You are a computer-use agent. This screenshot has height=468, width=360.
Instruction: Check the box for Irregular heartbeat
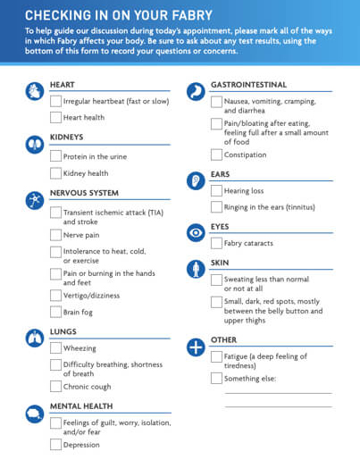pos(55,101)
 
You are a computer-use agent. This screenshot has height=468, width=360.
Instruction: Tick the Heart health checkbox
pos(55,117)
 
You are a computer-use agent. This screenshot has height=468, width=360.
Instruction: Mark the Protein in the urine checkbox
pos(55,157)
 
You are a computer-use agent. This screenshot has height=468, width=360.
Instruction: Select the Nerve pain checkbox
pos(55,235)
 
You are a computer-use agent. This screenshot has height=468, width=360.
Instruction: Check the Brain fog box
pos(55,312)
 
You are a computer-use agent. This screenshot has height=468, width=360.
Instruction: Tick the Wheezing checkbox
pos(55,348)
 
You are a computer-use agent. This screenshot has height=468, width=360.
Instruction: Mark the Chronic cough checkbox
pos(55,387)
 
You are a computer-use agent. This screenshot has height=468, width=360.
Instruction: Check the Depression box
pos(55,444)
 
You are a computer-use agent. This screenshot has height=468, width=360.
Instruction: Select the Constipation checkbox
pos(216,155)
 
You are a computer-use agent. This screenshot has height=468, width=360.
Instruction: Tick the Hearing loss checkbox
pos(216,190)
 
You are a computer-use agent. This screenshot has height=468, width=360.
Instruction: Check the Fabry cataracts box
pos(216,243)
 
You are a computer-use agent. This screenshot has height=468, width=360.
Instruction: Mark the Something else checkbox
pos(216,378)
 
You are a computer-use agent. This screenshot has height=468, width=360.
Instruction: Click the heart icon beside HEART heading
pos(34,91)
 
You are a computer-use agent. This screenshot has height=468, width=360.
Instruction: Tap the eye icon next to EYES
pos(195,232)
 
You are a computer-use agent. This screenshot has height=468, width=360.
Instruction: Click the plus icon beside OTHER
pos(195,347)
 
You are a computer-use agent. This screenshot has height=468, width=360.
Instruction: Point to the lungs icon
pos(34,338)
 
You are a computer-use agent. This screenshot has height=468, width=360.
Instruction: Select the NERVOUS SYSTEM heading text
pos(84,192)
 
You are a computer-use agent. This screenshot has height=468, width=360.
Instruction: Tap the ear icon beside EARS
pos(195,180)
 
